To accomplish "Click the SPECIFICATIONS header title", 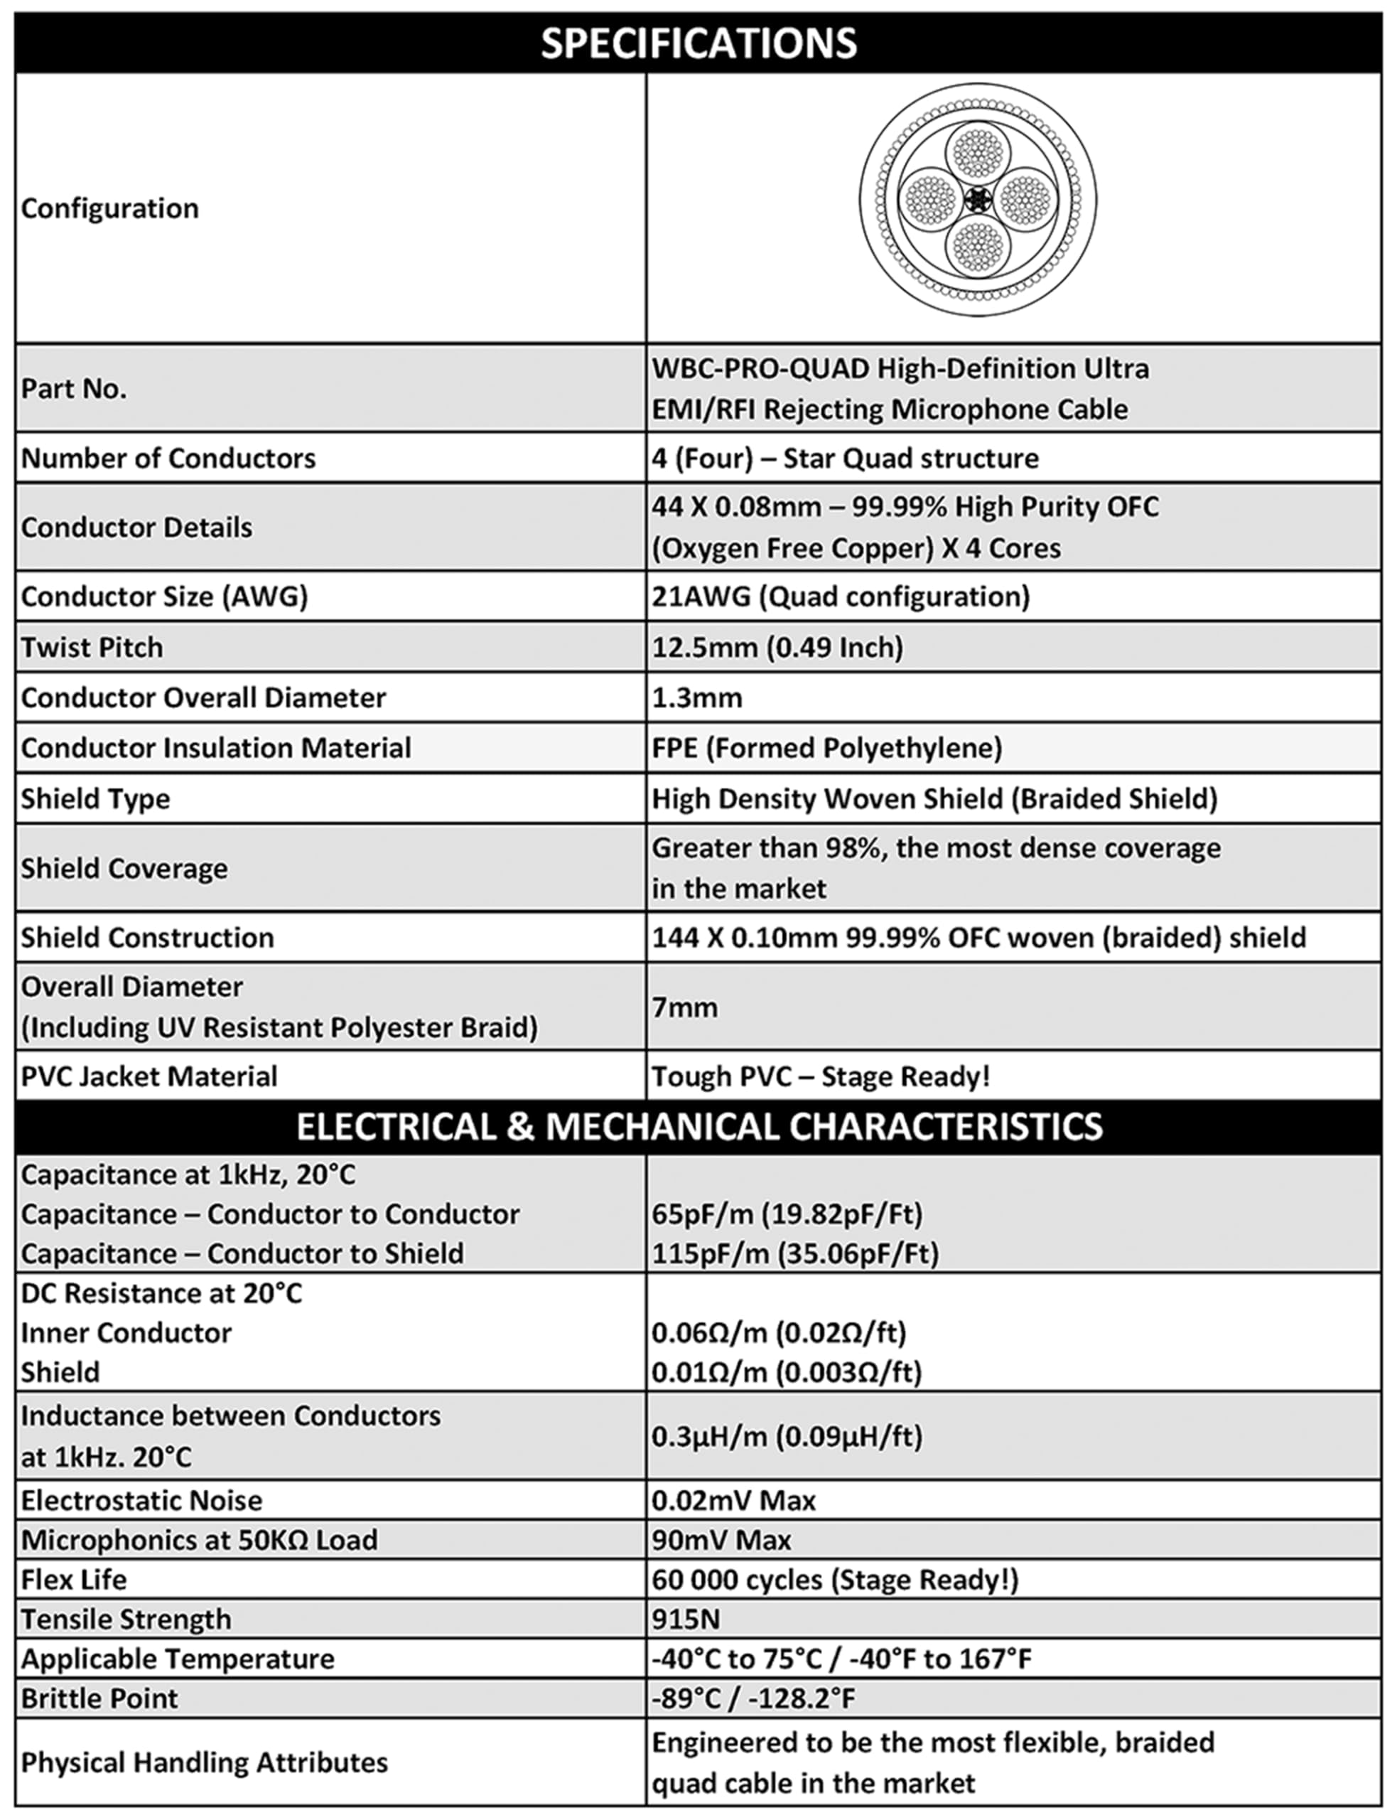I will pos(698,43).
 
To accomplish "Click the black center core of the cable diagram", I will pos(978,200).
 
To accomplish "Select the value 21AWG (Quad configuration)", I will pos(841,596).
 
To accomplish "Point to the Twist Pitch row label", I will pos(92,647).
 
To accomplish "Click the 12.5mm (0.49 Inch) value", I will pos(777,647).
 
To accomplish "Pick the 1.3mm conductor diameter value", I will pos(697,697).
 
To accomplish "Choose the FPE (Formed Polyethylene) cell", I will pos(826,748).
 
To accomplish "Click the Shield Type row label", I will pos(96,798).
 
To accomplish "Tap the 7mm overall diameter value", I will pos(684,1007).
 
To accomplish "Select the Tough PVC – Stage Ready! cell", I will pos(821,1076).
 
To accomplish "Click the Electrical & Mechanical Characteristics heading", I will pos(698,1126).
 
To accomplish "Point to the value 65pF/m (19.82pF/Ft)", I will pos(787,1214).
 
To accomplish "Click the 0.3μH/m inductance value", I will pos(787,1437).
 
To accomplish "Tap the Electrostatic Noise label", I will pos(141,1501).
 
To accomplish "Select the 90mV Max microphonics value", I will pos(721,1541).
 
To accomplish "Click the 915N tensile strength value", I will pos(686,1620).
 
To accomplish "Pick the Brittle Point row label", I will pos(99,1698).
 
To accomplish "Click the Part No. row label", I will pos(74,388).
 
